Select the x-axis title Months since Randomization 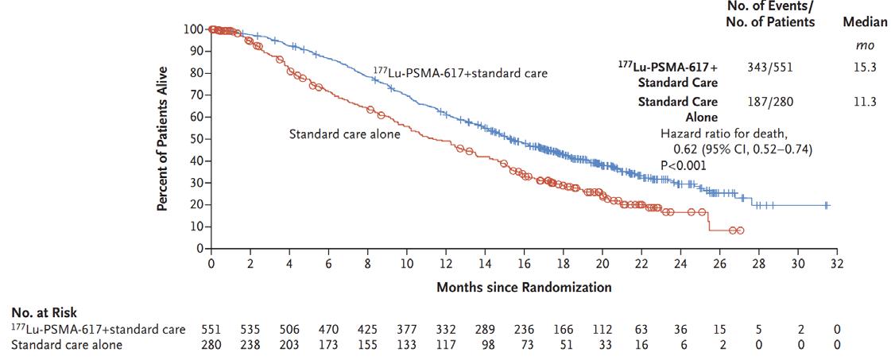[524, 287]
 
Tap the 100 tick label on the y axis [191, 29]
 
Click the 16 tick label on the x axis [524, 264]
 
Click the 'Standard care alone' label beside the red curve [344, 134]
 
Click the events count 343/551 [769, 68]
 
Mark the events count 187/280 [769, 102]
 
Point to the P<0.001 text [684, 165]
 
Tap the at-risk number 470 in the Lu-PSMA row [328, 329]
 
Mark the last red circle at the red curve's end [740, 230]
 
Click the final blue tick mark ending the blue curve [827, 205]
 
